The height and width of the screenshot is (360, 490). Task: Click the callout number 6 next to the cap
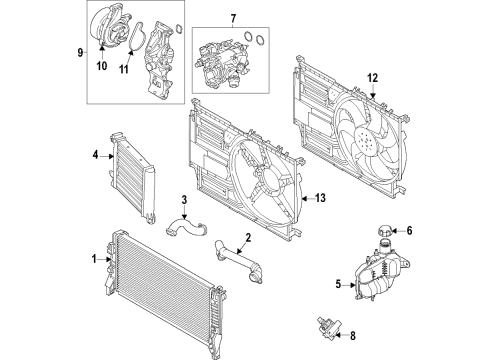[x=408, y=230]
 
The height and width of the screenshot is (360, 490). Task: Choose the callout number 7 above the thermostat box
[x=232, y=18]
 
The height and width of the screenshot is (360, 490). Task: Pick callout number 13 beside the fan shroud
[x=322, y=198]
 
